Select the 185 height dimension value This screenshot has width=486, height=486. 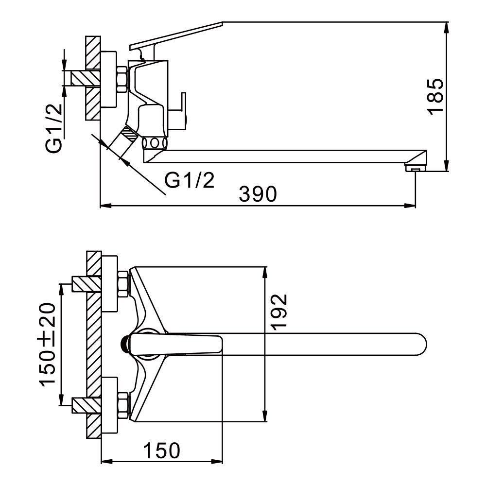pos(435,96)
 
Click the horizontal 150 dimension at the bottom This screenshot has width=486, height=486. pos(161,451)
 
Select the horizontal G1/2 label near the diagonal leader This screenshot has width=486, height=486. pos(190,181)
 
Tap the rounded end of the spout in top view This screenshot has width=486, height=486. pos(421,344)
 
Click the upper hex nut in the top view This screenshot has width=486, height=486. pos(123,283)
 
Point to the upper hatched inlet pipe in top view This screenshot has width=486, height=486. pos(86,284)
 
